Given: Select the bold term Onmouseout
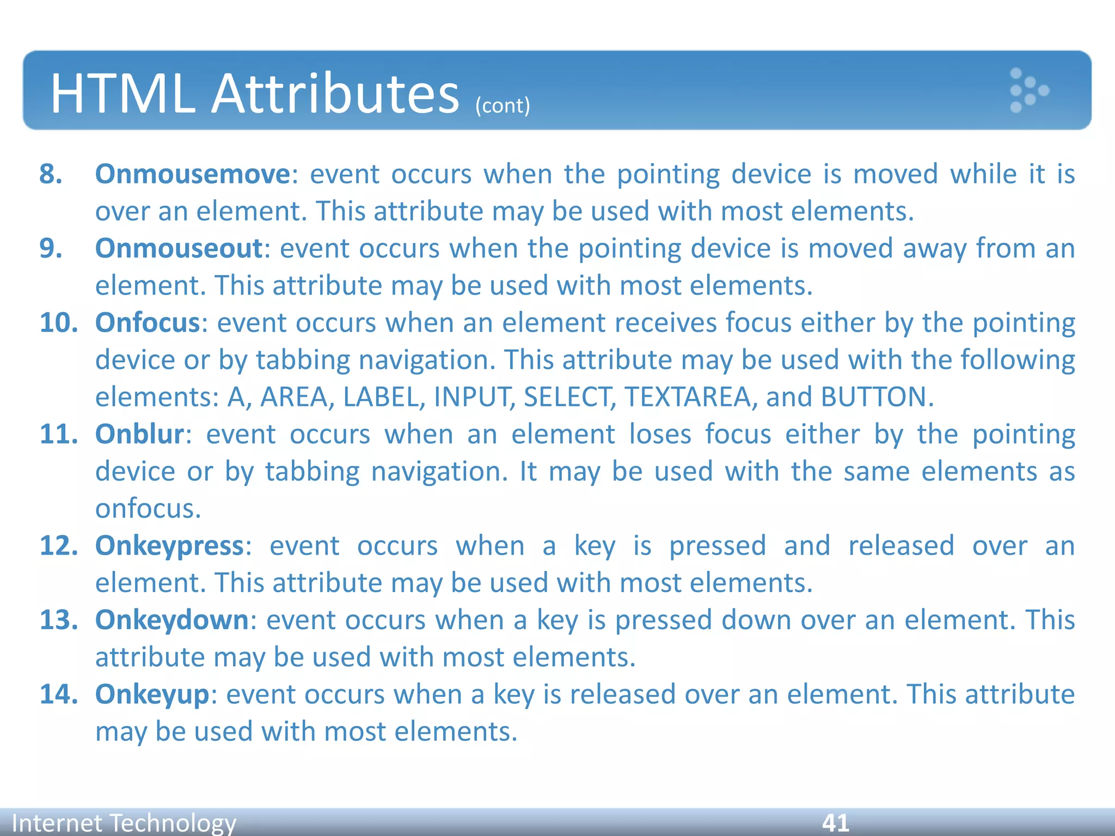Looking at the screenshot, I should coord(179,248).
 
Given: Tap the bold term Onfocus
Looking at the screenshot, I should coord(148,323).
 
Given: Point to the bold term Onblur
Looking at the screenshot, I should coord(139,434).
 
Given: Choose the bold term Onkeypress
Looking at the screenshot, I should coord(169,545).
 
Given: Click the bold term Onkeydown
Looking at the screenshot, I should coord(171,620).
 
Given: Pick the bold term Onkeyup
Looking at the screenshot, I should coord(152,694).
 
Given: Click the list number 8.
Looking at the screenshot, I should coord(51,174).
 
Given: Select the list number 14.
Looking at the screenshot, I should coord(58,694).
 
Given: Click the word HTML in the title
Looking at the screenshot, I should coord(122,94).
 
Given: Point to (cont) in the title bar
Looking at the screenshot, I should coord(502,105).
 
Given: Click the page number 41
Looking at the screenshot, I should coord(835,822).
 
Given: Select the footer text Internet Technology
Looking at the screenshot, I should coord(124,822).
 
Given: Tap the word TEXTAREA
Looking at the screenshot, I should coord(688,397).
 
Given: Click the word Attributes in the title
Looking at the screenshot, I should coord(335,94).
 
